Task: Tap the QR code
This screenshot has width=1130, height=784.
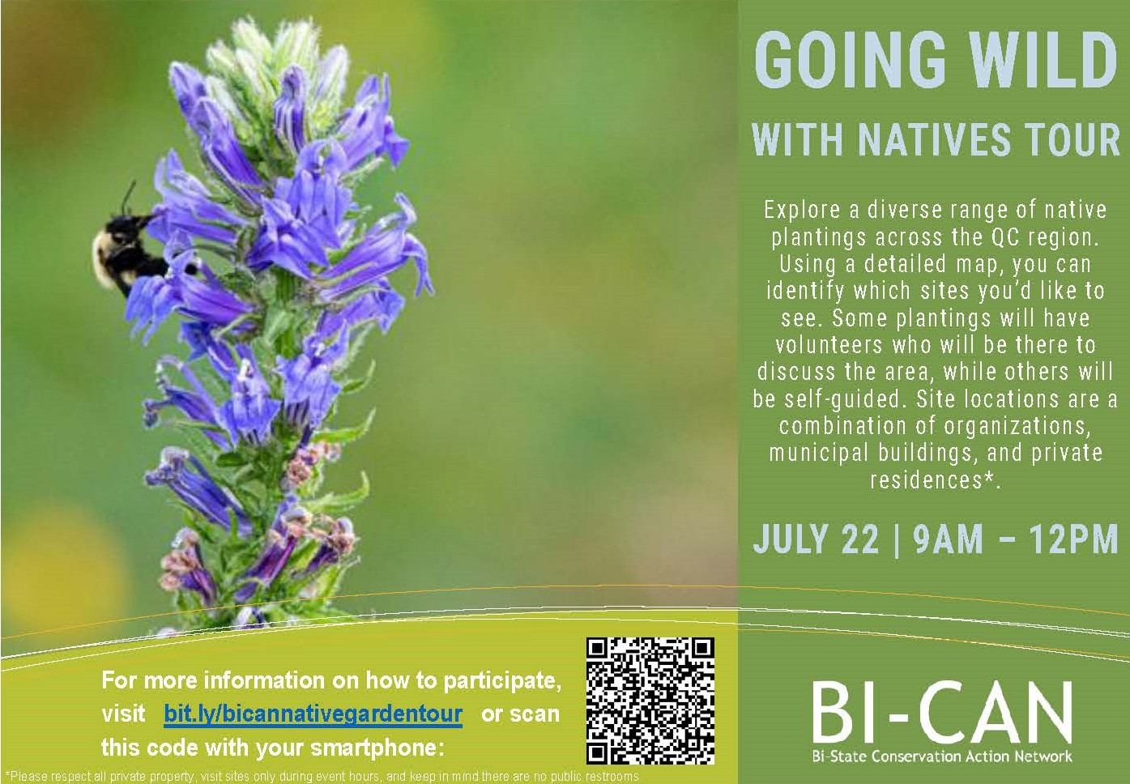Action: [x=650, y=701]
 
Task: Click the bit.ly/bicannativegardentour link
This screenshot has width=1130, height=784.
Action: [x=313, y=714]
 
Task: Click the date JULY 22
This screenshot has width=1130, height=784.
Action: [x=817, y=539]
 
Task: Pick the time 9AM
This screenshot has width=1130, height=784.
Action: [x=949, y=539]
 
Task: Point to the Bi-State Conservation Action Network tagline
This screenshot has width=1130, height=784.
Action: [x=942, y=756]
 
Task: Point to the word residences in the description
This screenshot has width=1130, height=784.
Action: [x=927, y=479]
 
